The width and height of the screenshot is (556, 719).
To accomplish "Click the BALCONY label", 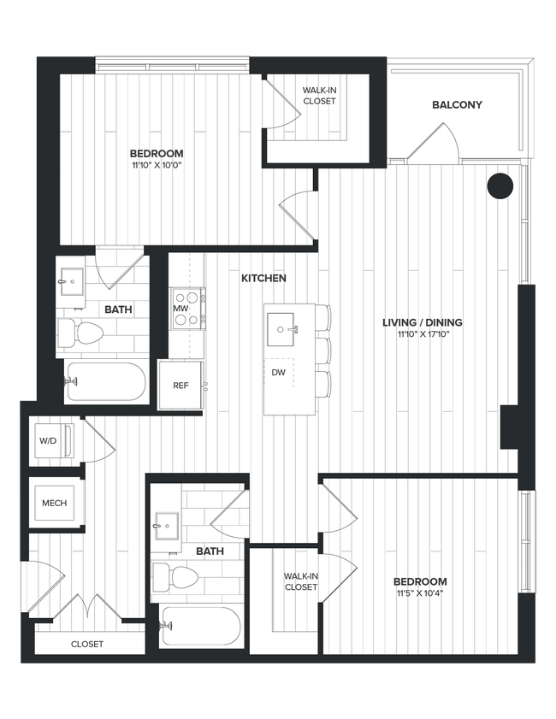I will (x=457, y=105).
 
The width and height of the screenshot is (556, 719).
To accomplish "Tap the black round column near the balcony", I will (x=500, y=186).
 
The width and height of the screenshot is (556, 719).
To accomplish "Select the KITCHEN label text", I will (x=263, y=278).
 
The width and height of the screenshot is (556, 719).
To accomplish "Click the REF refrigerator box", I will (x=180, y=386).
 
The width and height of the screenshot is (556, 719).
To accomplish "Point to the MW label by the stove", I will (x=180, y=308).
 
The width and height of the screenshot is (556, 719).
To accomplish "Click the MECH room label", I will (x=55, y=504).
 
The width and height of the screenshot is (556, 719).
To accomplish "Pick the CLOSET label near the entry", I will (x=86, y=644).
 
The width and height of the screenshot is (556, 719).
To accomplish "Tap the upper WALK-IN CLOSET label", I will (x=319, y=95).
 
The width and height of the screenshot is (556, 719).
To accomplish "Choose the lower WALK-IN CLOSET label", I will (x=300, y=581).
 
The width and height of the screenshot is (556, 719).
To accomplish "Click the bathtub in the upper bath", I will (x=106, y=381).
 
